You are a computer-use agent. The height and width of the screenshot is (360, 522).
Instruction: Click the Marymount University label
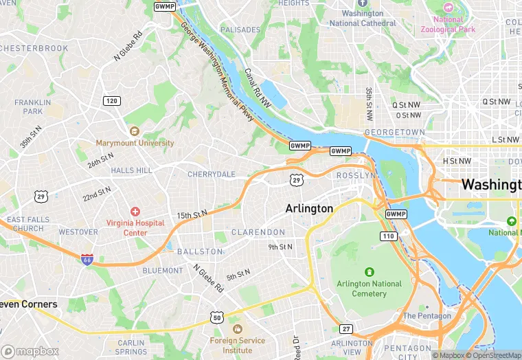pos(135,143)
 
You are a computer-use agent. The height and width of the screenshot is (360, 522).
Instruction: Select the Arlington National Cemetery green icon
pos(370,272)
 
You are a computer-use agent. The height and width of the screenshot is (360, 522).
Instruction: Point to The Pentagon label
pos(427,316)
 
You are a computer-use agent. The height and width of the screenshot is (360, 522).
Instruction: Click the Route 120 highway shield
pos(112,101)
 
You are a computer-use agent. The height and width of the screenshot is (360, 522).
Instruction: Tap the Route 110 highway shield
pos(389,236)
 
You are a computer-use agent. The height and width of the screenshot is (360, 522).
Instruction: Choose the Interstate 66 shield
pos(87,259)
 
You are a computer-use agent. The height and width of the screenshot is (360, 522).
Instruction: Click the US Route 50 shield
pos(217,317)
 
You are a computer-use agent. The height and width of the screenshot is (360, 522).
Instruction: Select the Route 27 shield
pos(346,329)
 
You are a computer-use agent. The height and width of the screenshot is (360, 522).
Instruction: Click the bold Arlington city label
pos(309,208)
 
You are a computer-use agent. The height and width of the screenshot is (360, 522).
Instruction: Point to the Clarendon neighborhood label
pos(258,232)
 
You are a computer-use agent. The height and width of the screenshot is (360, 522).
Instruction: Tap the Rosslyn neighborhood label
pos(356,176)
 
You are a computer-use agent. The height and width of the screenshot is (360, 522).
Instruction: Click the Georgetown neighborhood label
pos(394,132)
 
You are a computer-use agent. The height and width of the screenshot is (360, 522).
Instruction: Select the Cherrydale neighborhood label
pos(212,175)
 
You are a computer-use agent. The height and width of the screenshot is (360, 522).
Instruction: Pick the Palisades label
pos(240,30)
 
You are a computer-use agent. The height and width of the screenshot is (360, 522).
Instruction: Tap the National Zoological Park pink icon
pos(449,7)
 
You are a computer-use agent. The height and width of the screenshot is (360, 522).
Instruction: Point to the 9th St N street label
pos(280,247)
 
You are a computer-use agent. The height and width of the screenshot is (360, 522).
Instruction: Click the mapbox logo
pos(30,351)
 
